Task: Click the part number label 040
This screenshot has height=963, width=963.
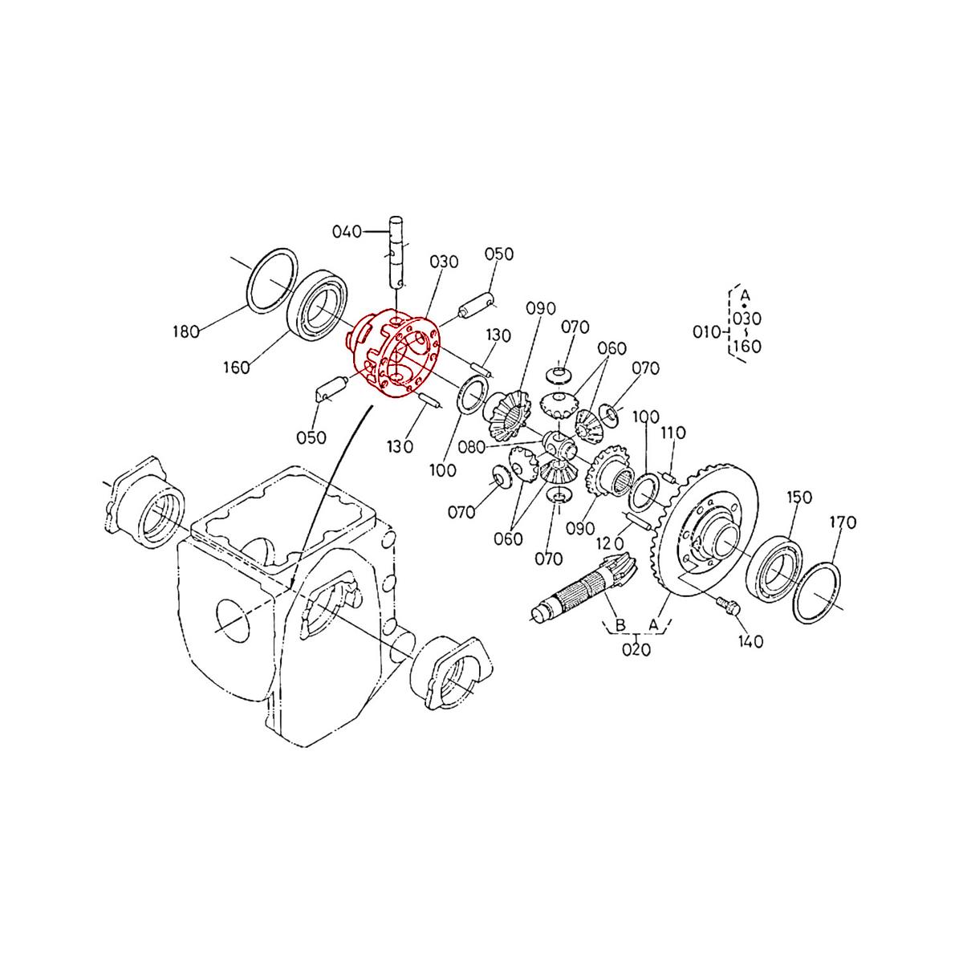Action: [347, 232]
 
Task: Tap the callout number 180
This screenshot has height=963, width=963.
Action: [186, 331]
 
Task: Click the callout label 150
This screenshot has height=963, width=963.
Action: [798, 497]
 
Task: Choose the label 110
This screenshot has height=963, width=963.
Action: [672, 433]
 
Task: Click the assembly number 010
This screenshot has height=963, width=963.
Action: [705, 330]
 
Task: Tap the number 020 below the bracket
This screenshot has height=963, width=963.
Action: [636, 649]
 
